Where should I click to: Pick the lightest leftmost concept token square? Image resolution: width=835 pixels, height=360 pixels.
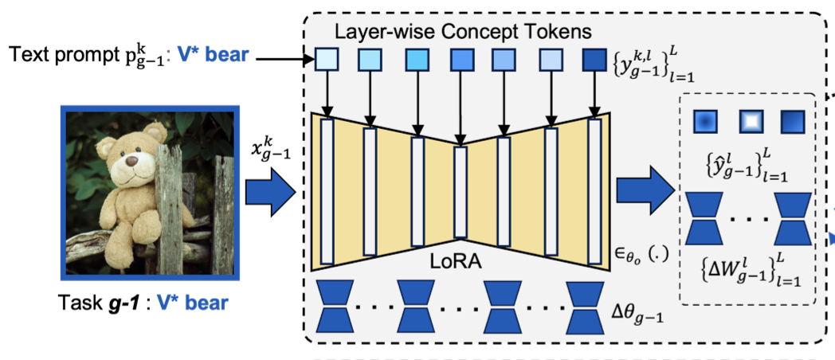point(327,60)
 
